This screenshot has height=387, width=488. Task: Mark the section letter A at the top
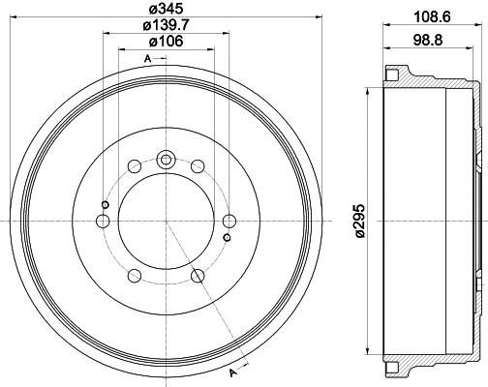(x=147, y=60)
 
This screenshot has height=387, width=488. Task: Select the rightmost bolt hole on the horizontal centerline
(x=230, y=222)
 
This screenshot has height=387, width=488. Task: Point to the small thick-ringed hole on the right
(x=226, y=237)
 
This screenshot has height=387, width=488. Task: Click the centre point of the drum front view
(x=167, y=222)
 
